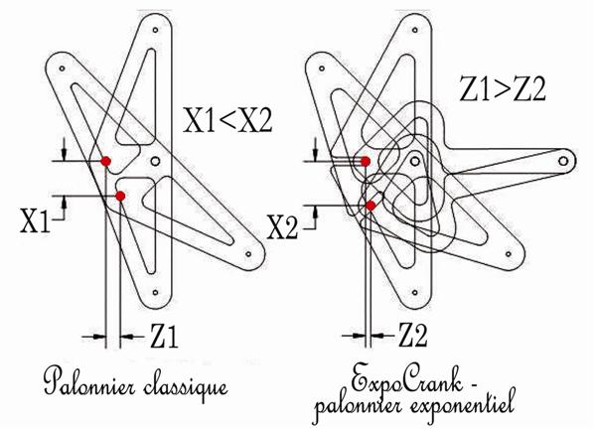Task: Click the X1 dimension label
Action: pyautogui.click(x=35, y=221)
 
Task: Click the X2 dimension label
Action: pyautogui.click(x=282, y=227)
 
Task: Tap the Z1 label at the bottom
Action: pyautogui.click(x=164, y=336)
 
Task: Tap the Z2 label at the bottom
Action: pyautogui.click(x=412, y=335)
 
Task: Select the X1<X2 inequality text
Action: pyautogui.click(x=227, y=120)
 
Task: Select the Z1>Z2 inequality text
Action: pyautogui.click(x=503, y=88)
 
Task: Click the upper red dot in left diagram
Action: pyautogui.click(x=106, y=161)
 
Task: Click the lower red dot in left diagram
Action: pyautogui.click(x=120, y=196)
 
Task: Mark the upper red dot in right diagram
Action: pyautogui.click(x=365, y=162)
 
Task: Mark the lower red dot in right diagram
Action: pyautogui.click(x=371, y=206)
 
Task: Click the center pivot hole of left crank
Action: pyautogui.click(x=155, y=161)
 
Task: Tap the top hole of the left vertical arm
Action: pyautogui.click(x=155, y=30)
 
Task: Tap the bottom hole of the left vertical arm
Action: pyautogui.click(x=155, y=292)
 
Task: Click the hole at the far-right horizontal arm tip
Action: pyautogui.click(x=563, y=161)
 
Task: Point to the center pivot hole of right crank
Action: pyautogui.click(x=415, y=162)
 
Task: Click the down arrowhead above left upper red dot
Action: pyautogui.click(x=65, y=154)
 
